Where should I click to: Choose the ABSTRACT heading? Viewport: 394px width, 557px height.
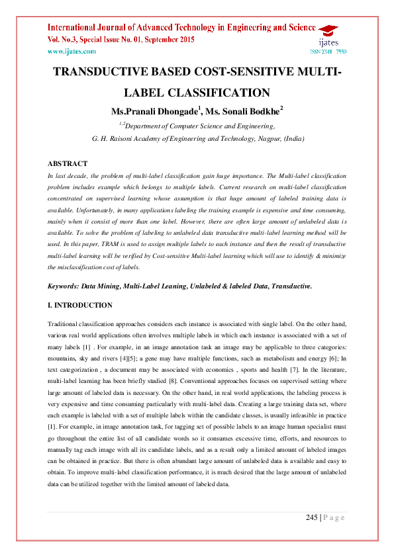(67, 163)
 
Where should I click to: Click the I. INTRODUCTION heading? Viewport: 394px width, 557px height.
(79, 306)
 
